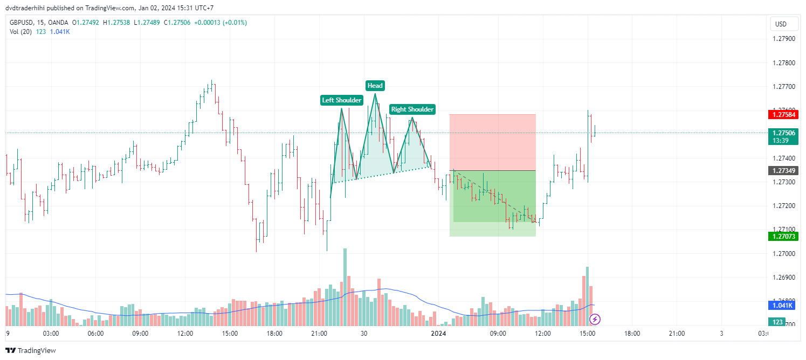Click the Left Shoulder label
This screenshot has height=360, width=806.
[x=341, y=100]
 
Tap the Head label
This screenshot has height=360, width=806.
[x=375, y=86]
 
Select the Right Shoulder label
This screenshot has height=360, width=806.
[x=412, y=109]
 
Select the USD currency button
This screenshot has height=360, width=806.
[x=781, y=24]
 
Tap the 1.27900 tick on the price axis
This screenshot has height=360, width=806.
[x=783, y=39]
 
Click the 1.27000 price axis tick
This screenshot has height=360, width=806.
[x=783, y=253]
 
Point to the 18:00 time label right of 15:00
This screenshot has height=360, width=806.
[x=632, y=334]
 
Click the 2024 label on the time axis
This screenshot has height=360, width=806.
[x=438, y=334]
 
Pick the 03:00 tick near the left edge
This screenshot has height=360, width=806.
[x=51, y=334]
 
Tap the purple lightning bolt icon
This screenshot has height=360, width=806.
[x=595, y=320]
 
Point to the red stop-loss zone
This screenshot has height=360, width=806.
[x=492, y=142]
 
